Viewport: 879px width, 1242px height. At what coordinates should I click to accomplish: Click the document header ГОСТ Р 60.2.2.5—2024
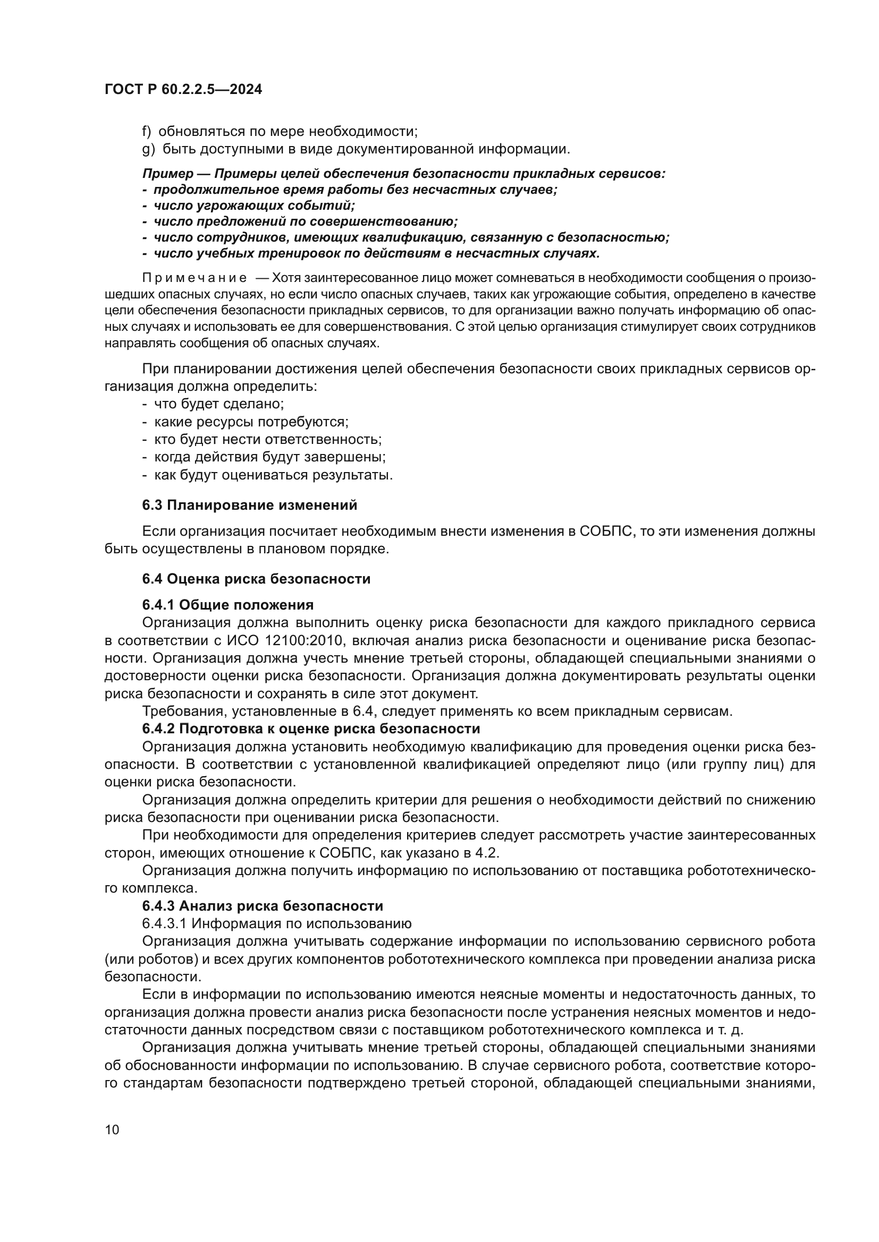pos(183,90)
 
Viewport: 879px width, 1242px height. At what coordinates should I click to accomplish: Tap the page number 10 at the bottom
pos(112,1129)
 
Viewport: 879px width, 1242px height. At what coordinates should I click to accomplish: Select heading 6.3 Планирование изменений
pos(250,505)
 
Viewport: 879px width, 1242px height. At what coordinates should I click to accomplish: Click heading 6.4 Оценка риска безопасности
pos(256,579)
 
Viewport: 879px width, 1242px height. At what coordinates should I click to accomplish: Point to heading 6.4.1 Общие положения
pos(227,605)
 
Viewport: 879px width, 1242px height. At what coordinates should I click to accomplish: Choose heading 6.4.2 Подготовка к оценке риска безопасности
pos(311,729)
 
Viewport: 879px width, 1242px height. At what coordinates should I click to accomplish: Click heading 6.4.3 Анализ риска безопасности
pos(263,905)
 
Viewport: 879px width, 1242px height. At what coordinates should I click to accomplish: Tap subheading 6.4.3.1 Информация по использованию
pos(276,923)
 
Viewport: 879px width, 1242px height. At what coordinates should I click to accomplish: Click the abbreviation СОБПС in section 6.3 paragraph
pos(606,531)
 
